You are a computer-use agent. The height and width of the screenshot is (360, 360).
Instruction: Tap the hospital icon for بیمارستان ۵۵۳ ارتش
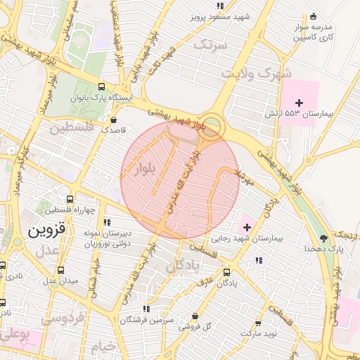(x=300, y=103)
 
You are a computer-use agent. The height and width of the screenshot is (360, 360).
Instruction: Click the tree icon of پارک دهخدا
(x=323, y=238)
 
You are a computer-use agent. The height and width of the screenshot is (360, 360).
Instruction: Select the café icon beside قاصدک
(x=112, y=119)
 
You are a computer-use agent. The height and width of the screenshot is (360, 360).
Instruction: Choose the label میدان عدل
(x=41, y=281)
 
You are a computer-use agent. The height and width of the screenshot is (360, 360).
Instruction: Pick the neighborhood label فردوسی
(x=63, y=318)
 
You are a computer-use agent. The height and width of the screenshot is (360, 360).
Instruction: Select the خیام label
(x=103, y=346)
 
